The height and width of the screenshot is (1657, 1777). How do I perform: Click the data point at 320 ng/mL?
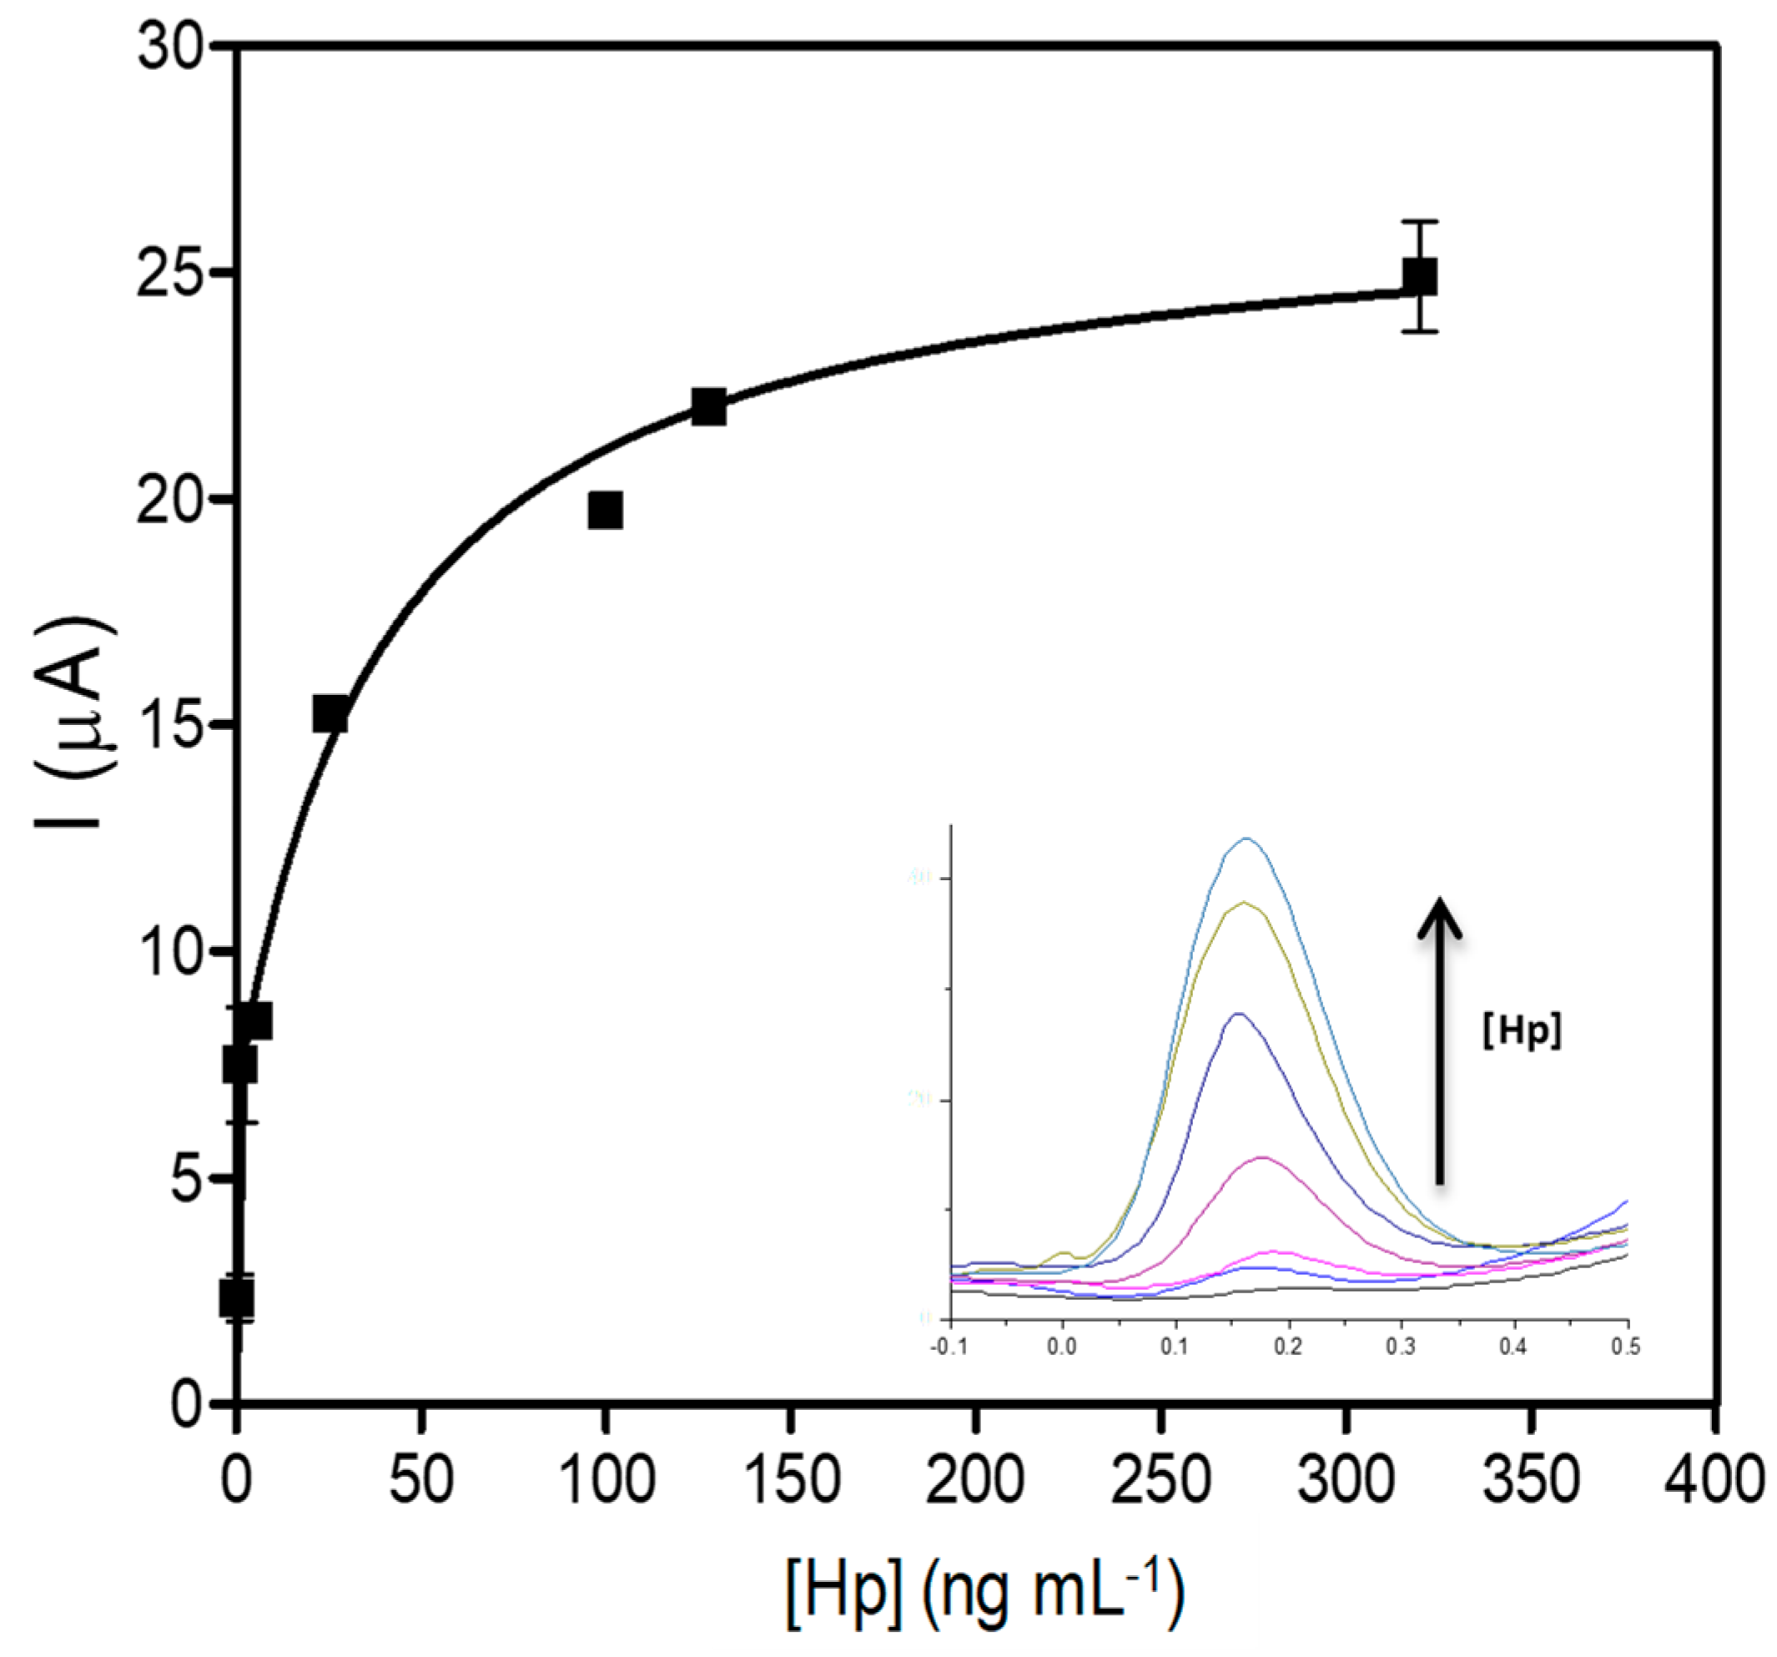[x=1419, y=276]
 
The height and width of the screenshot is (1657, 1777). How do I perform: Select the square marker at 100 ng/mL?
[x=605, y=511]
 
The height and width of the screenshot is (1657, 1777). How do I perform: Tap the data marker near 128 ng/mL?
[x=709, y=406]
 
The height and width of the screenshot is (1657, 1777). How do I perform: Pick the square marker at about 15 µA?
[x=330, y=714]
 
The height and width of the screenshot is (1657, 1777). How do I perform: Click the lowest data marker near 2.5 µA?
[x=237, y=1297]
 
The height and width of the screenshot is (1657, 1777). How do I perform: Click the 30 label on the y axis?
[x=171, y=47]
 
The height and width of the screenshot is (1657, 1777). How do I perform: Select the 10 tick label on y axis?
[x=171, y=952]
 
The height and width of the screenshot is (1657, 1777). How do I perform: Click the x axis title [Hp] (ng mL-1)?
[x=985, y=1593]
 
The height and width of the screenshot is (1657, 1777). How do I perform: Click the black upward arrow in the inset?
[x=1440, y=1041]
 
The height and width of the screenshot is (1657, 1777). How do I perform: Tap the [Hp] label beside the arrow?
[x=1522, y=1030]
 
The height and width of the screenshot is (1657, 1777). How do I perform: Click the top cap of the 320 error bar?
[x=1419, y=221]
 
